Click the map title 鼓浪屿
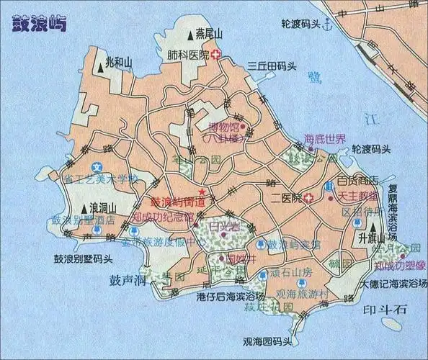[x=40, y=23]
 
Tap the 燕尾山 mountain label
[x=210, y=32]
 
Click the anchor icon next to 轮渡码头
[x=328, y=24]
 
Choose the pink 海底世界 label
[x=325, y=139]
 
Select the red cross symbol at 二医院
[x=308, y=198]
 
